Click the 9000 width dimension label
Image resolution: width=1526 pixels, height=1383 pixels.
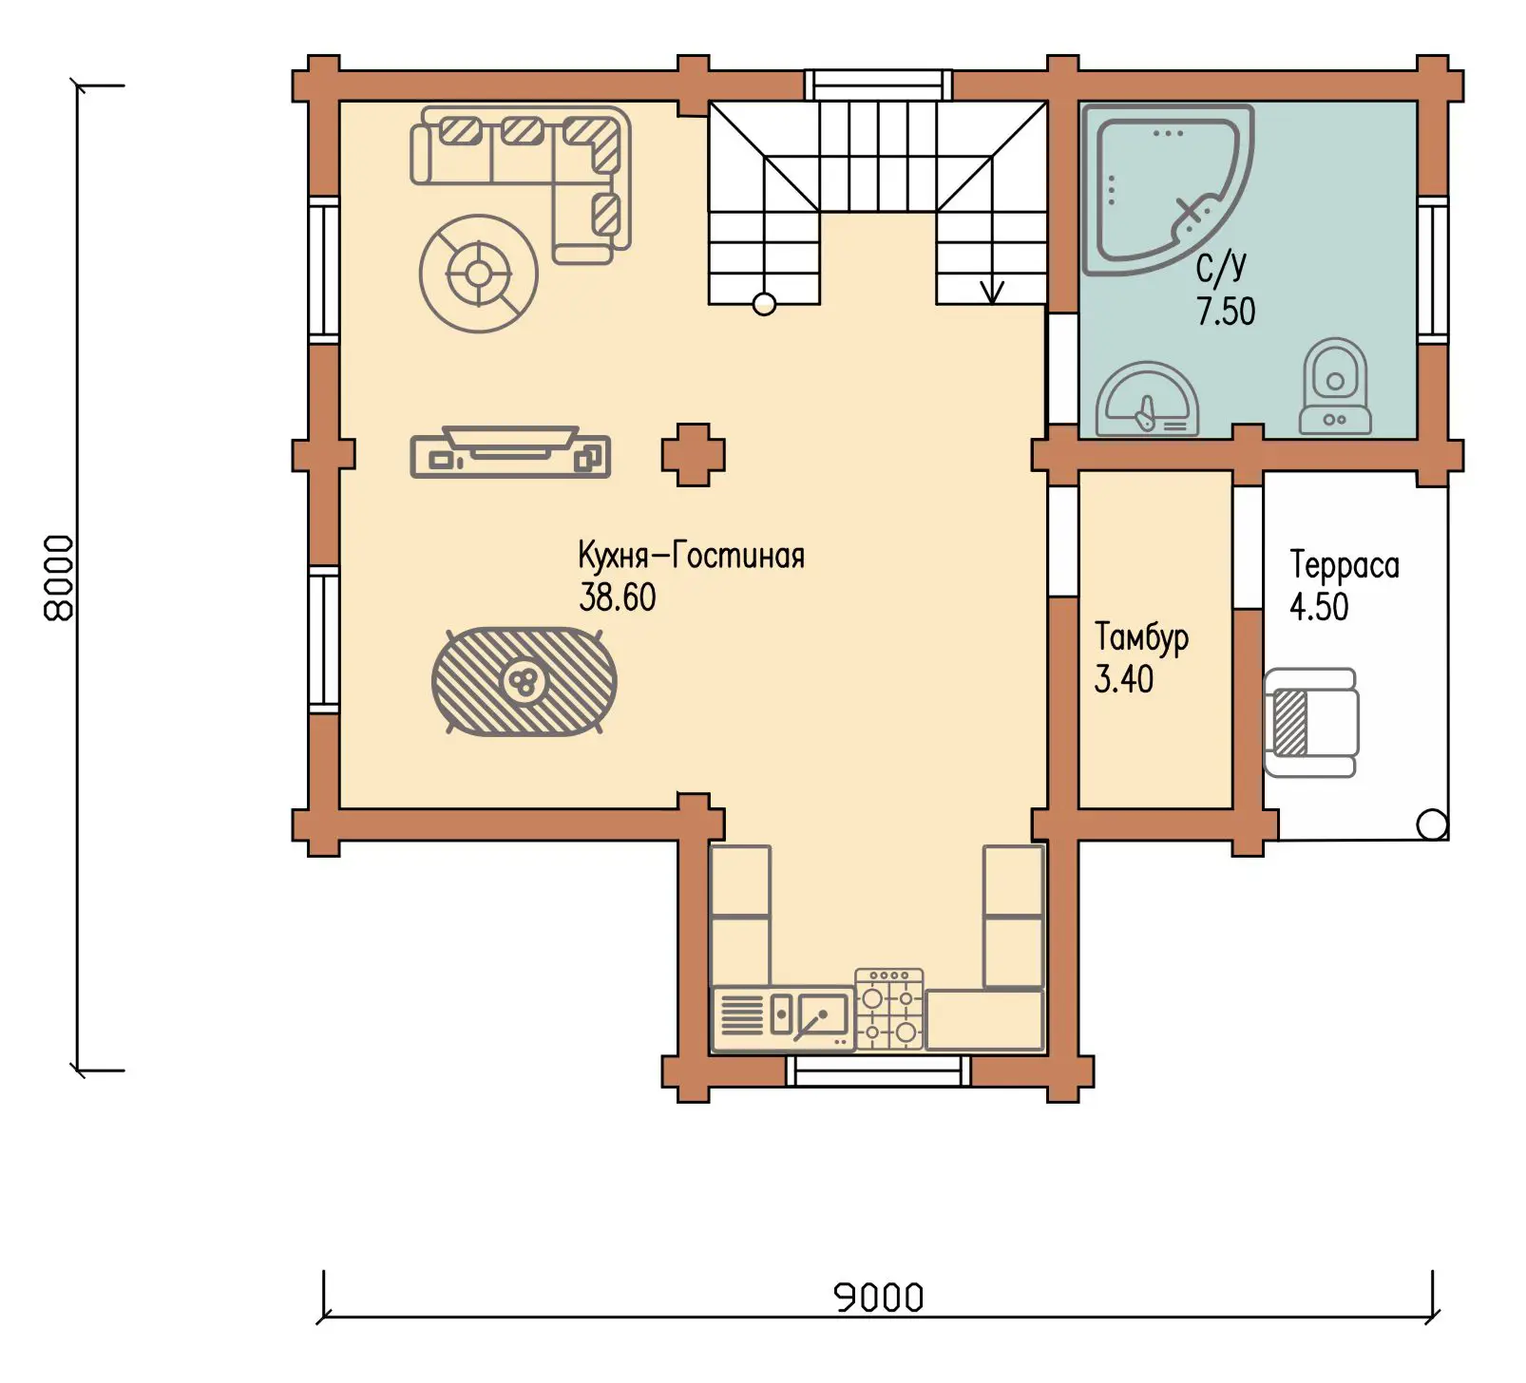coord(879,1297)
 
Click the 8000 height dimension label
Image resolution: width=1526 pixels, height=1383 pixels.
coord(59,578)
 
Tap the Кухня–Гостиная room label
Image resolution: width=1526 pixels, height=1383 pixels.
coord(692,555)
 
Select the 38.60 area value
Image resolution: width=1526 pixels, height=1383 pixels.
coord(618,597)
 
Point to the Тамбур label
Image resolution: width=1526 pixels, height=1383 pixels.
coord(1141,637)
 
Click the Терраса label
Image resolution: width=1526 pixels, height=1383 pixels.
coord(1345,565)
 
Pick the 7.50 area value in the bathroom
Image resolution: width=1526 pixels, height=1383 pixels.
coord(1226,311)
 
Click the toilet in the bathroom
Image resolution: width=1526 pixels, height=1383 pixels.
coord(1335,387)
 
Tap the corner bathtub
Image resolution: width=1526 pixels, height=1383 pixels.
coord(1168,190)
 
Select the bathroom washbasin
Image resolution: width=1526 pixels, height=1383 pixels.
coord(1147,400)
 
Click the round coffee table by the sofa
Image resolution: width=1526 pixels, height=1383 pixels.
coord(479,275)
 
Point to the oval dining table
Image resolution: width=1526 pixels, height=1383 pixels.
coord(524,681)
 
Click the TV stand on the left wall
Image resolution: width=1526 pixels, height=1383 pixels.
coord(510,452)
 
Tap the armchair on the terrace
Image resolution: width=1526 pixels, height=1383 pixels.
coord(1311,723)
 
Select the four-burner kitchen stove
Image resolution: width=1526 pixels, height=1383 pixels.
coord(889,1009)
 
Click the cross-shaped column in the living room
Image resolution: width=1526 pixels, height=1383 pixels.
coord(694,455)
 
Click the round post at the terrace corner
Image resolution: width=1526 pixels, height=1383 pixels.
coord(1432,824)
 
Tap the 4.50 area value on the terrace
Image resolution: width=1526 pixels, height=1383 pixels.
coord(1319,607)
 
